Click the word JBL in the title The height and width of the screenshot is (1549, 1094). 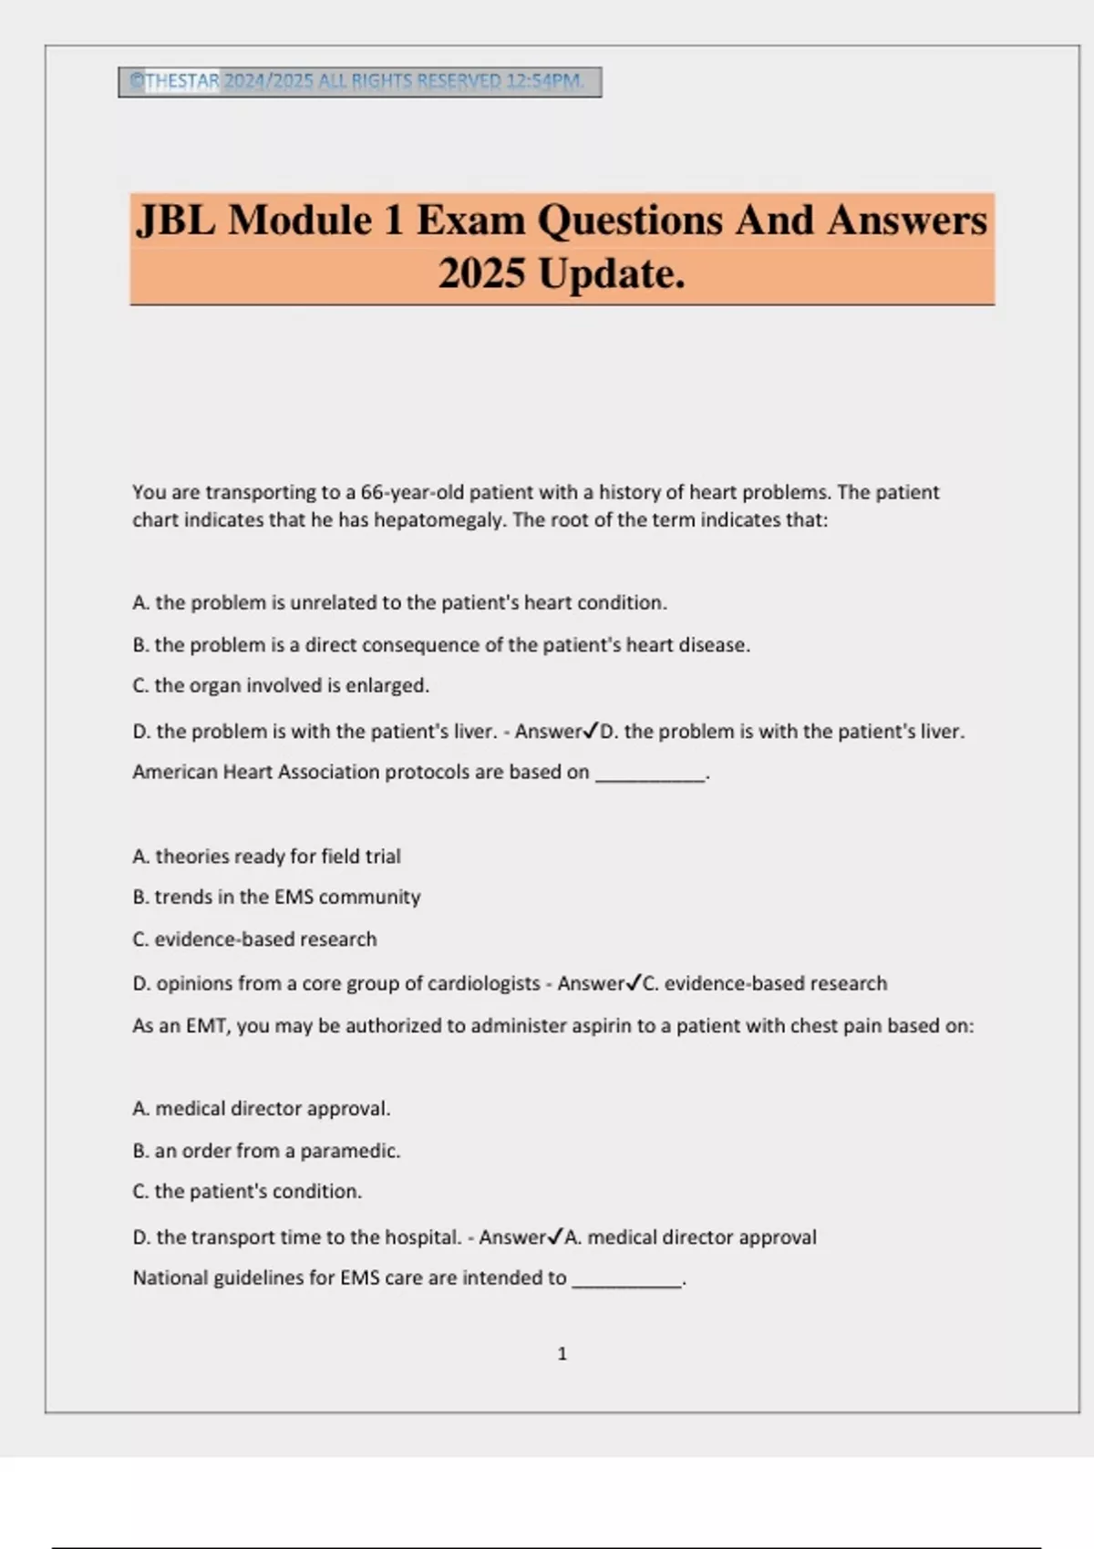(x=176, y=221)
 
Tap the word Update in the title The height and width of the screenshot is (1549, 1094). (x=611, y=274)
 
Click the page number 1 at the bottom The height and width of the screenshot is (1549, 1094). (x=562, y=1354)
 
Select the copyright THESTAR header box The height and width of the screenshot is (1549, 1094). (x=359, y=82)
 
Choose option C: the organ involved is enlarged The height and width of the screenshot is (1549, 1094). (x=281, y=685)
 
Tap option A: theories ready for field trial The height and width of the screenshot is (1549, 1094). (x=266, y=857)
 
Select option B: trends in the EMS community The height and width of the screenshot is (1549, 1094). (x=276, y=898)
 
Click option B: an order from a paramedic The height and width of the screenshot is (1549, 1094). (x=266, y=1151)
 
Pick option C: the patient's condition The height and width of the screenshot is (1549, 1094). (x=247, y=1192)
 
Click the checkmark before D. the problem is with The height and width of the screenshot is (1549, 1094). (x=591, y=731)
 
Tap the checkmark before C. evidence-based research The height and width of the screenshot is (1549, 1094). (x=634, y=983)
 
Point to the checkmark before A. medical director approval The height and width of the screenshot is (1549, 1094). (x=555, y=1236)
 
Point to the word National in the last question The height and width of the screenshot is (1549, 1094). (x=170, y=1278)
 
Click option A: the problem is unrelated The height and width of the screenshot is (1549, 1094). (x=399, y=603)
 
